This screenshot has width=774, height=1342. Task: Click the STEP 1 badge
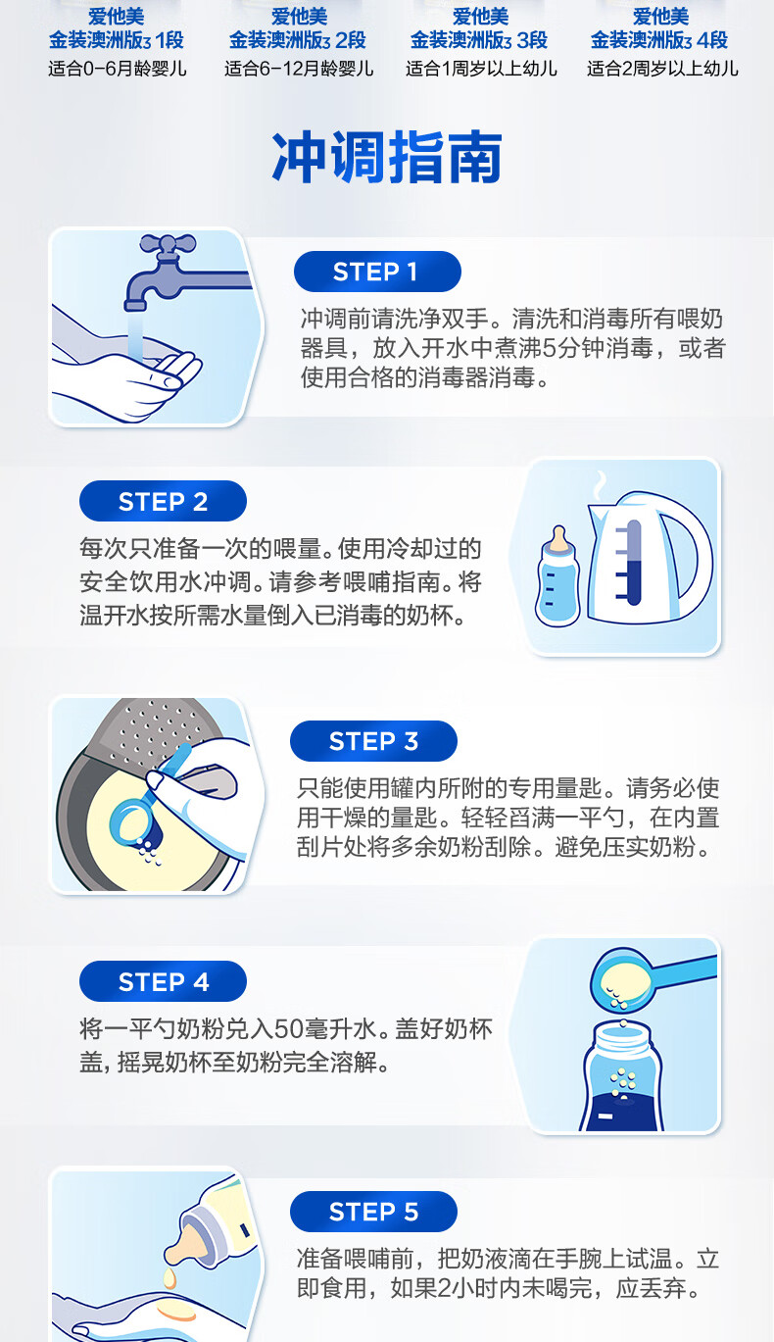point(377,272)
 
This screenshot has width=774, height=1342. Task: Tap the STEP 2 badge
point(163,502)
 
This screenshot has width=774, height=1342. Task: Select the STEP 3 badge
point(373,741)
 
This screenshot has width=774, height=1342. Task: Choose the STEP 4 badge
point(163,981)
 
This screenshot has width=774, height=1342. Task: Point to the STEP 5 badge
point(373,1212)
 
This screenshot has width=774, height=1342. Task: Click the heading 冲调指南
point(387,158)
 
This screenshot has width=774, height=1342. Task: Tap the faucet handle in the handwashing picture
point(168,244)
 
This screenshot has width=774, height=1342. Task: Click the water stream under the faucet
point(136,335)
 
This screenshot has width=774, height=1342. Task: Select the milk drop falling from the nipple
point(170,1279)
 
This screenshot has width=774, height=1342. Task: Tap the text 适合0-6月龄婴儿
point(118,69)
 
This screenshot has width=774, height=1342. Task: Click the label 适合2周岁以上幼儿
point(662,69)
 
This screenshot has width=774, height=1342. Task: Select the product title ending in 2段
point(298,28)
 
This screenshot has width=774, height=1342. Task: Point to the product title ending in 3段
point(479,28)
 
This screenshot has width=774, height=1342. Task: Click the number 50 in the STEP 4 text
point(287,1029)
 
